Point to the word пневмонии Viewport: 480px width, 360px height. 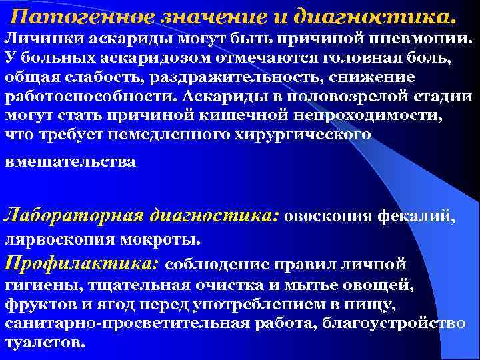[x=420, y=39]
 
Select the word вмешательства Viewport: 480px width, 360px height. [x=70, y=162]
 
